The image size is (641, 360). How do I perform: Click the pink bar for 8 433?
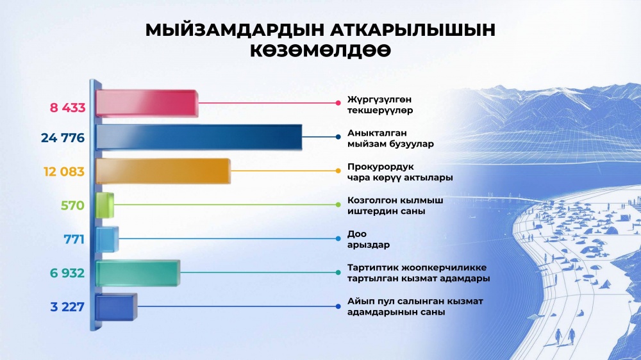tap(147, 103)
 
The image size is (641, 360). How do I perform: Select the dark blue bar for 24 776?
tap(199, 137)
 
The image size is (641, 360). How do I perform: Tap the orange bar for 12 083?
tap(163, 171)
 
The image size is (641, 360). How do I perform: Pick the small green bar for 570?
tap(104, 205)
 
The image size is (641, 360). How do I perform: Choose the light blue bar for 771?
tap(107, 239)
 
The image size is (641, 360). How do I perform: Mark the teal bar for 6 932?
tap(138, 272)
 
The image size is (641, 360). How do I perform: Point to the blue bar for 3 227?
tap(116, 306)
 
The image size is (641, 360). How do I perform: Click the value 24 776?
tap(63, 138)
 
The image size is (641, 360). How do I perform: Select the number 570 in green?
tap(72, 205)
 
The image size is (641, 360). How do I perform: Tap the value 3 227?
tap(67, 306)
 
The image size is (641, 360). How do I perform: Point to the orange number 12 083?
tap(63, 172)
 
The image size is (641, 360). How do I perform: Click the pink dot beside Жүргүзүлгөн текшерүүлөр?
tap(338, 103)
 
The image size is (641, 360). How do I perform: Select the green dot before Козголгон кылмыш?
tap(338, 205)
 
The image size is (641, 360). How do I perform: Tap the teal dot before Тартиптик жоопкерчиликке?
tap(338, 272)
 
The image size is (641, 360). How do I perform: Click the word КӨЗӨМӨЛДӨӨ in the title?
tap(320, 51)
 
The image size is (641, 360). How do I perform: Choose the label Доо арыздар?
tap(369, 240)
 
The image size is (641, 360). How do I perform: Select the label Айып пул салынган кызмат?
tap(415, 301)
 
